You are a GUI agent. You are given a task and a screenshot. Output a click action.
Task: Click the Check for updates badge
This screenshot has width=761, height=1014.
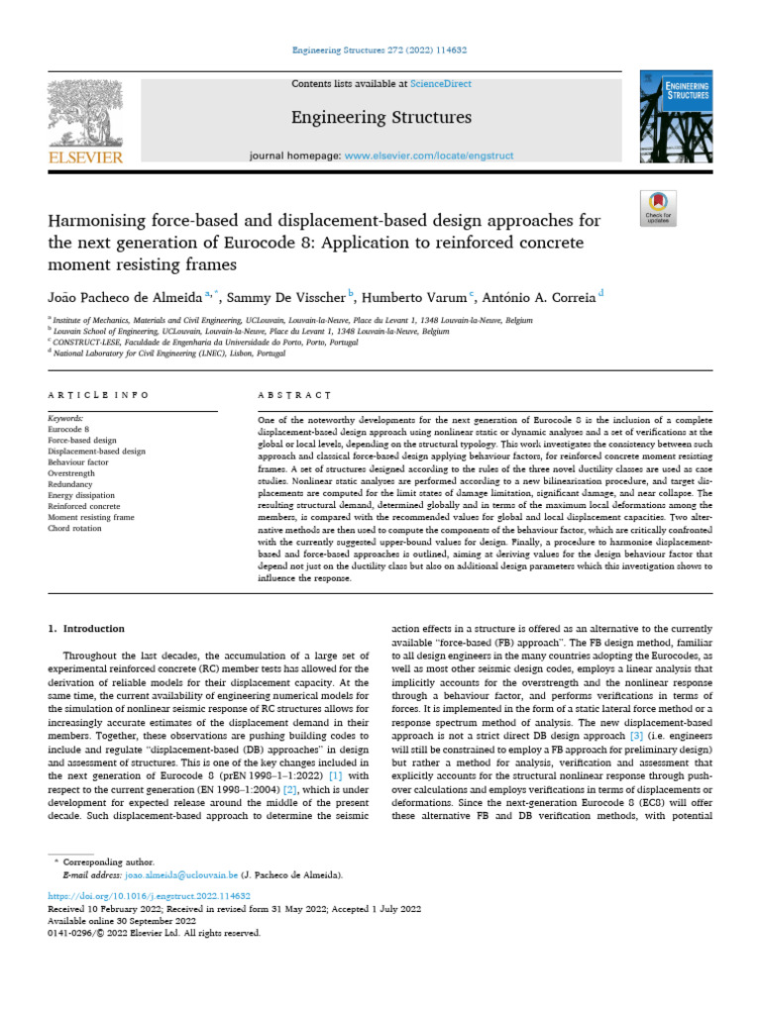pyautogui.click(x=658, y=205)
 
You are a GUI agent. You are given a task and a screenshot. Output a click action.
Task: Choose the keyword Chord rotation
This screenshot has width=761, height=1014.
pyautogui.click(x=75, y=529)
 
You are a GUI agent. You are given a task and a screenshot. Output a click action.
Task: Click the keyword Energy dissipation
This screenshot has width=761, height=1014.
pyautogui.click(x=83, y=495)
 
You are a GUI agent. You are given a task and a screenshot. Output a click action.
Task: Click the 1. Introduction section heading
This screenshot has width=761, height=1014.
pyautogui.click(x=86, y=629)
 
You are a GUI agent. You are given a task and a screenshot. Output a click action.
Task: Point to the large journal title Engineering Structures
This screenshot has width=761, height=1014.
pyautogui.click(x=380, y=118)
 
